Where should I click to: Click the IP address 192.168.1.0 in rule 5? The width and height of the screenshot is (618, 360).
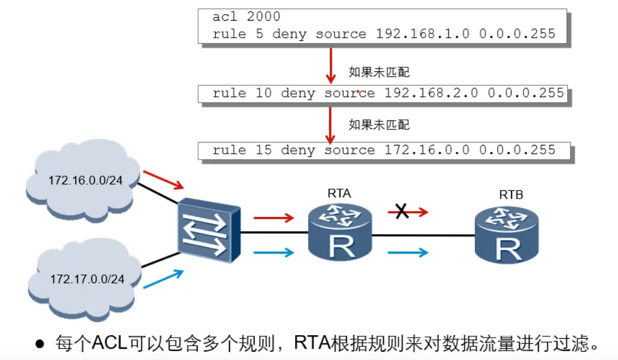point(422,34)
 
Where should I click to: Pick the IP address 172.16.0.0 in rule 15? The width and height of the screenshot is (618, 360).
point(426,150)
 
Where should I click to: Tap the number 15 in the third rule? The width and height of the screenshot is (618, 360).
point(264,150)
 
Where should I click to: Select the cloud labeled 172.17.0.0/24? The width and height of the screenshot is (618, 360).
point(86,278)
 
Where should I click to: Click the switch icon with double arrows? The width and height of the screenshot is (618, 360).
point(209,232)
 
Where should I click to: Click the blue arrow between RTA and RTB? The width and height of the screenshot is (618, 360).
point(407,253)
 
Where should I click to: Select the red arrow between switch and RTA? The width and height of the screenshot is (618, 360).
point(273,218)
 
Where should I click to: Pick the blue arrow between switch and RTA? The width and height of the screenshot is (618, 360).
point(273,253)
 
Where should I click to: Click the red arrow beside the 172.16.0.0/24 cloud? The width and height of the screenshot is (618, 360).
point(163,179)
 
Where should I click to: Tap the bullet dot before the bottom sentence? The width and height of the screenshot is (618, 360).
point(40,344)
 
